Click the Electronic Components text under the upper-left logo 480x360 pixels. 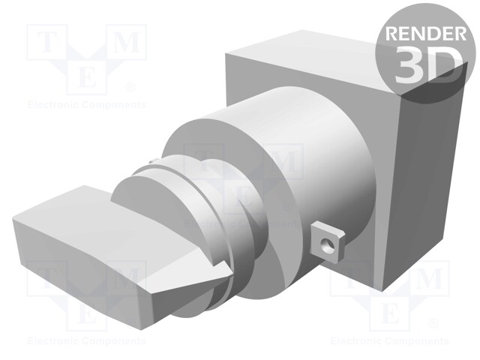(85, 105)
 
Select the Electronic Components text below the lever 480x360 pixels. (85, 341)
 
